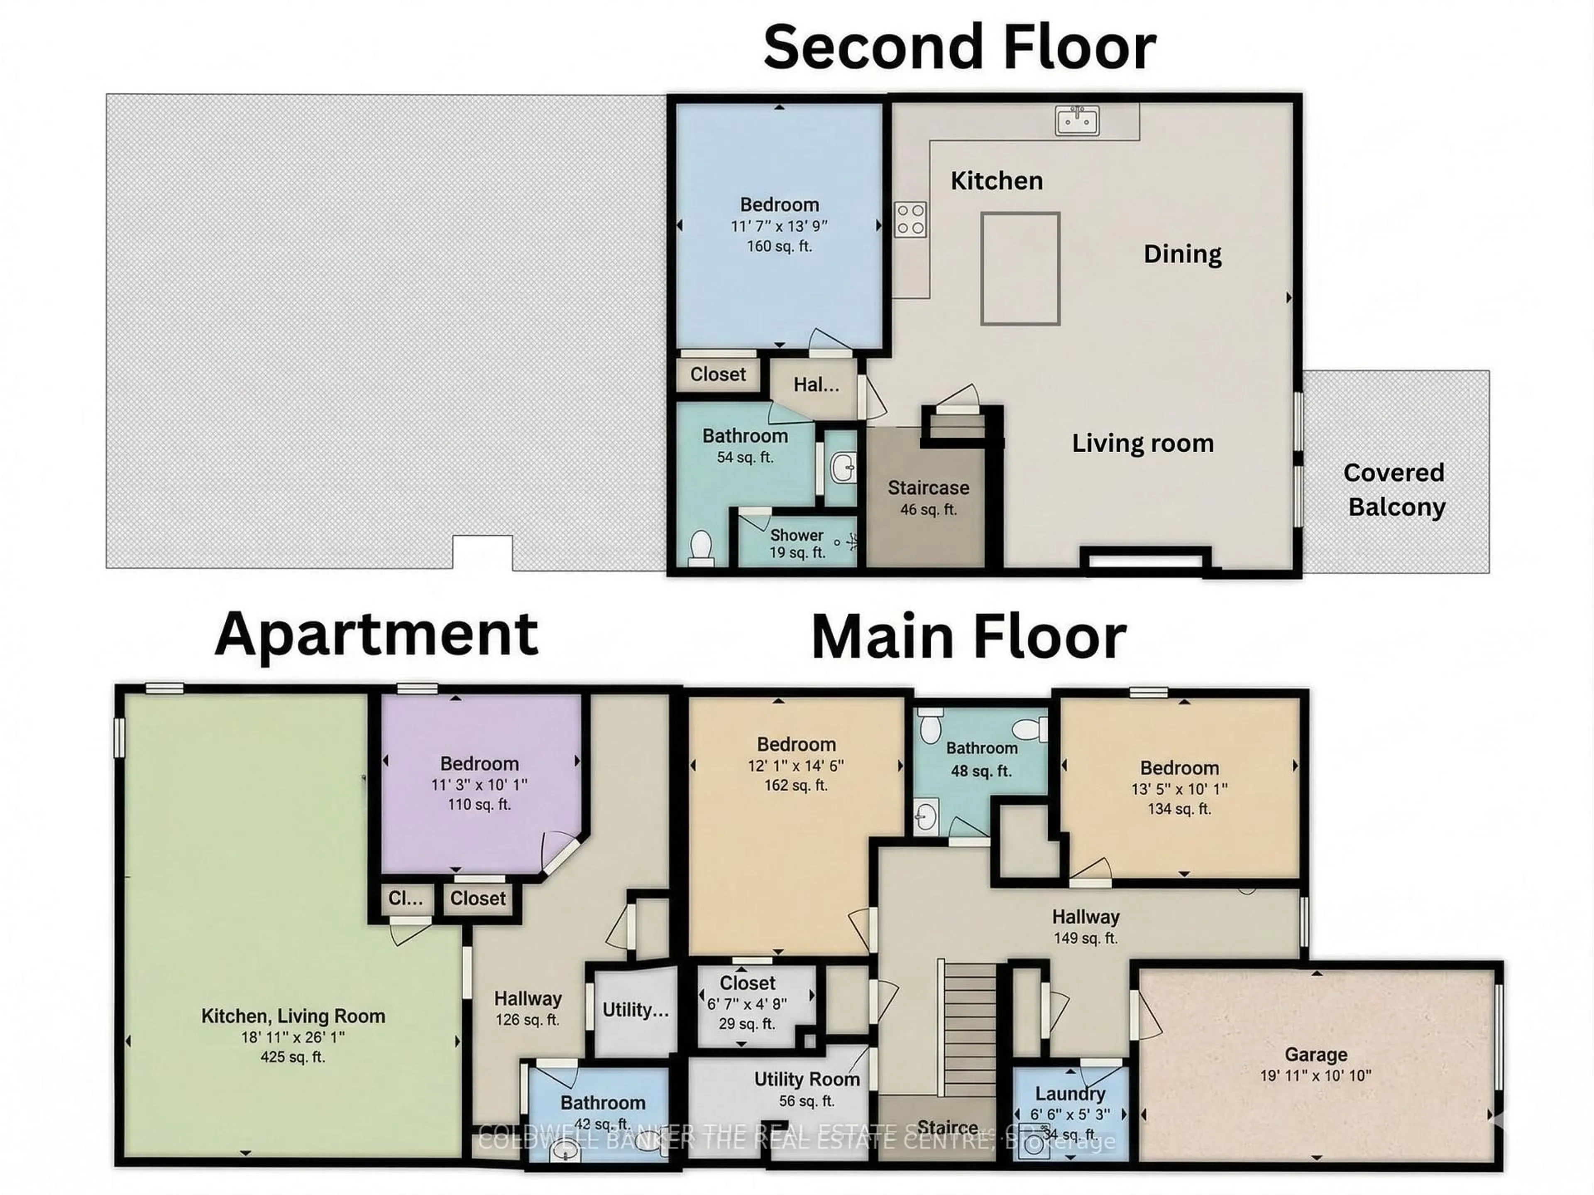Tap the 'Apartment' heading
pyautogui.click(x=376, y=634)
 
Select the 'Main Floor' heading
pyautogui.click(x=968, y=639)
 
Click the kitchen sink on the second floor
pyautogui.click(x=1077, y=120)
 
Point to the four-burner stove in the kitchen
pyautogui.click(x=910, y=220)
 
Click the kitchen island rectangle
pyautogui.click(x=1019, y=268)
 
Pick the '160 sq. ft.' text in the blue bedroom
pyautogui.click(x=779, y=246)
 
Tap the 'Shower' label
pyautogui.click(x=796, y=535)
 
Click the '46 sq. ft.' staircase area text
pyautogui.click(x=928, y=509)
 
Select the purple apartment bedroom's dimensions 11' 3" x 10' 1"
pyautogui.click(x=479, y=784)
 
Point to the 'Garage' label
pyautogui.click(x=1316, y=1055)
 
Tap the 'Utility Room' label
pyautogui.click(x=807, y=1079)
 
